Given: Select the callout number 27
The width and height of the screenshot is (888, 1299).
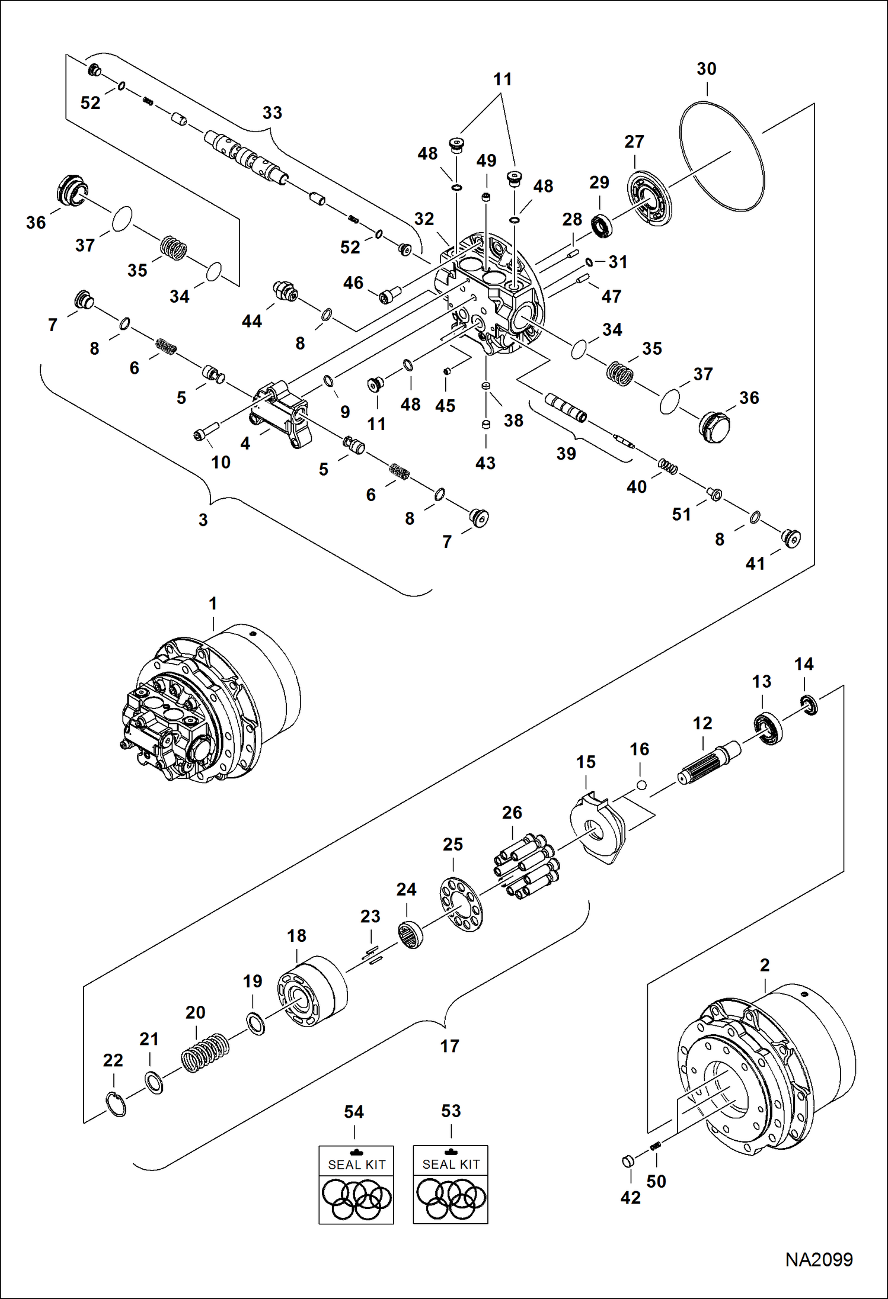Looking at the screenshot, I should (x=634, y=142).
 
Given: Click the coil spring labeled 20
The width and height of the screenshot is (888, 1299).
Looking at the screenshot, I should (x=205, y=1053).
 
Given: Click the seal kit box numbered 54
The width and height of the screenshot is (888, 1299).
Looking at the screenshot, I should (x=356, y=1185).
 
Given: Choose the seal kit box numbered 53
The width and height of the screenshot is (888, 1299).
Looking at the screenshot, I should (x=451, y=1185).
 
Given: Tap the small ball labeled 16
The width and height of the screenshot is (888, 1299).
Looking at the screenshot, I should (x=641, y=785).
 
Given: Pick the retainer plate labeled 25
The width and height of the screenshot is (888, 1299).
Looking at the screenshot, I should (x=462, y=905).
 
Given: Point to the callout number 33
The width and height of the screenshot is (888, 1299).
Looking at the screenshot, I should (x=272, y=113).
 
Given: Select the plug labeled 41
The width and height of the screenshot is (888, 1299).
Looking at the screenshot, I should (x=791, y=538).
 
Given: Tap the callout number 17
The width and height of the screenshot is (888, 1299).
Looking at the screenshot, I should (x=449, y=1046).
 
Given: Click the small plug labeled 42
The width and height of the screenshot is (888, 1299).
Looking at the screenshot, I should (x=628, y=1161).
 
